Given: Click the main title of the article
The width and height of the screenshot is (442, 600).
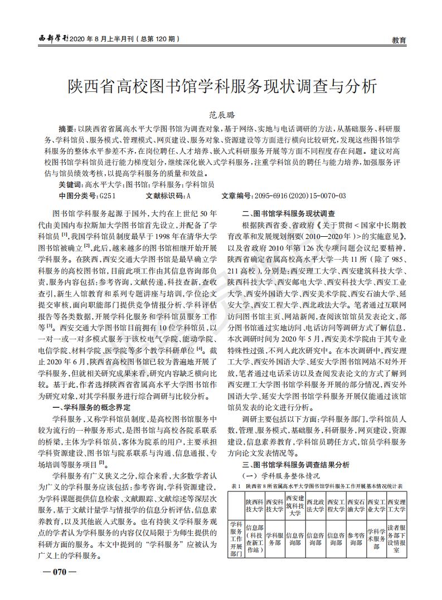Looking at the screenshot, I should pos(221,86).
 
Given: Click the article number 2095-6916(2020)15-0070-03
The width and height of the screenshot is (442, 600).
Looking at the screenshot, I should pos(299,196).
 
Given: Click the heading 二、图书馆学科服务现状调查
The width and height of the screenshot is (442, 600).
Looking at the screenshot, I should pos(288,213).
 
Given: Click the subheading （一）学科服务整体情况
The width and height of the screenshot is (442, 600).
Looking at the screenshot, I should pos(279,476).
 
